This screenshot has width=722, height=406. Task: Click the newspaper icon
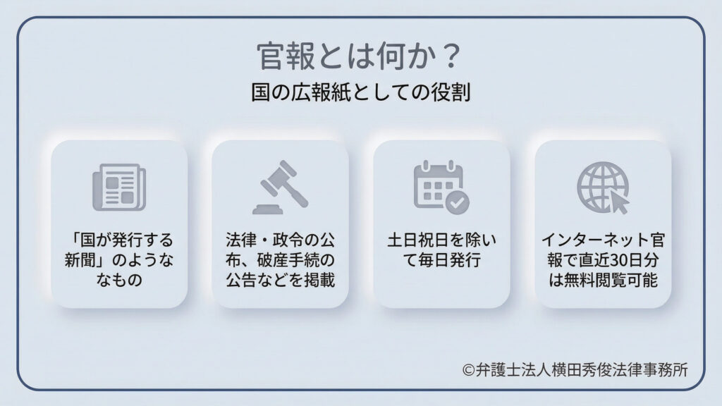(118, 187)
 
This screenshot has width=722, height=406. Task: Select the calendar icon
(439, 186)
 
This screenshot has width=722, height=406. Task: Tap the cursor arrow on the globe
(618, 202)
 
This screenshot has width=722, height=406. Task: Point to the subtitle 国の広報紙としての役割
(360, 94)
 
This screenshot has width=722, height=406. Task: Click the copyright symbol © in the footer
(469, 369)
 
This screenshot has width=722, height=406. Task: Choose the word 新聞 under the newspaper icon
(80, 260)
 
